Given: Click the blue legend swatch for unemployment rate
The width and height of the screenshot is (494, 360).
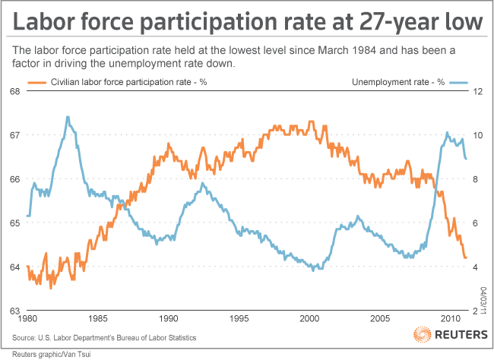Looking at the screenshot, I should (x=462, y=81).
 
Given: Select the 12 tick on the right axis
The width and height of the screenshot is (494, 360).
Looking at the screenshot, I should (x=477, y=91).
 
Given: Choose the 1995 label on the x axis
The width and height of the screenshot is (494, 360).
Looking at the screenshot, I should (x=239, y=319).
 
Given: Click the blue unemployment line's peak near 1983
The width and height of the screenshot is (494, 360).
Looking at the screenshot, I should (x=68, y=117).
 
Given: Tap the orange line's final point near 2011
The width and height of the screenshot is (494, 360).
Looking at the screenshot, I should (x=466, y=258).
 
